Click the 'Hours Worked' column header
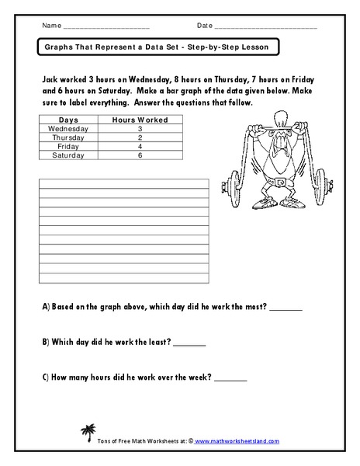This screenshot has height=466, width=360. [140, 120]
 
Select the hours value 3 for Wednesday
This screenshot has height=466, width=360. [140, 129]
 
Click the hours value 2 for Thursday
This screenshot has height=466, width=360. [140, 137]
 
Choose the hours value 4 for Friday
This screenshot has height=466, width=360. [140, 146]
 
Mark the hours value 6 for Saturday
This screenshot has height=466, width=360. [140, 155]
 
